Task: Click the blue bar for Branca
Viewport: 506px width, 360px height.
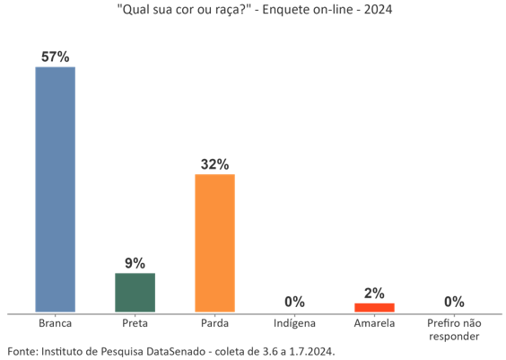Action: (x=55, y=189)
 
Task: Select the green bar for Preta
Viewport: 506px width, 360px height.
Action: (x=135, y=293)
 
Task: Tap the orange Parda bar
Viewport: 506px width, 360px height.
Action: (x=214, y=243)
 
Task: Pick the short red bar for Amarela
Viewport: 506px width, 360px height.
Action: (x=374, y=308)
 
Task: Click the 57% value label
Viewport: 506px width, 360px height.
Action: (x=55, y=57)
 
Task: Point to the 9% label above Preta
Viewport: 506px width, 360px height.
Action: (x=135, y=263)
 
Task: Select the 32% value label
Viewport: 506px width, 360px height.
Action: (x=214, y=164)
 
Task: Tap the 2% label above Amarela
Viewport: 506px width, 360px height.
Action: (x=374, y=293)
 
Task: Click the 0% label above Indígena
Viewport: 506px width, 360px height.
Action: (x=294, y=302)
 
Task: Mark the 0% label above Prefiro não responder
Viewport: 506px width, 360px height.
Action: (x=454, y=302)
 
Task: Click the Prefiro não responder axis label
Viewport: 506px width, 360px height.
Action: (x=454, y=329)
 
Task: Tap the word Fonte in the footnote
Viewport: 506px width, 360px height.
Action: (x=22, y=351)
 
